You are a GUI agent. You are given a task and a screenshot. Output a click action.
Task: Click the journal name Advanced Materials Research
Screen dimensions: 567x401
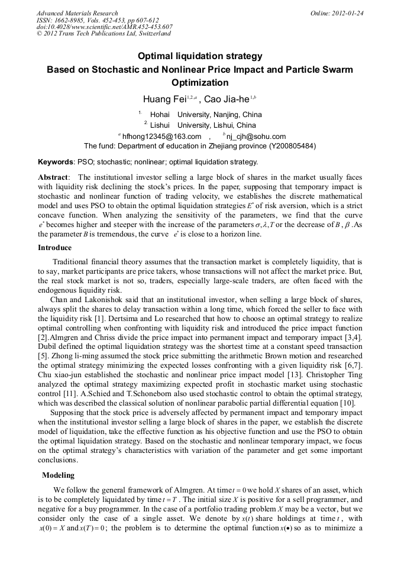77,13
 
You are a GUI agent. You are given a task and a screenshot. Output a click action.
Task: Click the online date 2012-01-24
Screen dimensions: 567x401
347,13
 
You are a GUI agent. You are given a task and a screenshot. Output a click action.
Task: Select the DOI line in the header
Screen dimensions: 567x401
105,27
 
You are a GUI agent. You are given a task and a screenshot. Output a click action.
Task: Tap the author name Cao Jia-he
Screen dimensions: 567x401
227,99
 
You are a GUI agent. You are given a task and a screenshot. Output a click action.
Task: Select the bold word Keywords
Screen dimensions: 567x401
56,161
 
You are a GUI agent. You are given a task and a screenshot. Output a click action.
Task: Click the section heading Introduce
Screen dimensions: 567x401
54,248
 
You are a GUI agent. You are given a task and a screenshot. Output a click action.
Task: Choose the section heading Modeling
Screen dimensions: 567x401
58,475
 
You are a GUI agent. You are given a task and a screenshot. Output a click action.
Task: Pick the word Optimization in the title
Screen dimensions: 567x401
200,83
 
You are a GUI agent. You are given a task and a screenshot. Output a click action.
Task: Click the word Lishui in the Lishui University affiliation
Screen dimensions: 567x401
160,125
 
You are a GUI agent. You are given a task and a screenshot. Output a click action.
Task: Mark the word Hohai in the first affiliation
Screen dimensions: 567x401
160,114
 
